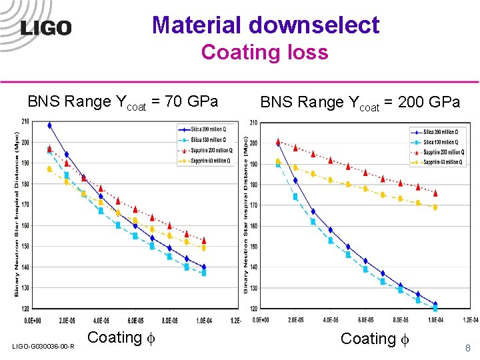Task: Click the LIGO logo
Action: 46,28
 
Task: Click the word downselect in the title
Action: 313,25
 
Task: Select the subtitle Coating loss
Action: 265,52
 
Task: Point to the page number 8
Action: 467,347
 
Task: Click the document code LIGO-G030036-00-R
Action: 43,346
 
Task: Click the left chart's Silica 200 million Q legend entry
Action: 208,128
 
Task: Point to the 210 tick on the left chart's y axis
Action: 25,121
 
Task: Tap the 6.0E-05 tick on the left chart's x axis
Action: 135,320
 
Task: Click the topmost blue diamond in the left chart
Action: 49,125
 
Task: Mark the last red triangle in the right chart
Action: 435,193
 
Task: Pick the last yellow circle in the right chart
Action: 435,207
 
